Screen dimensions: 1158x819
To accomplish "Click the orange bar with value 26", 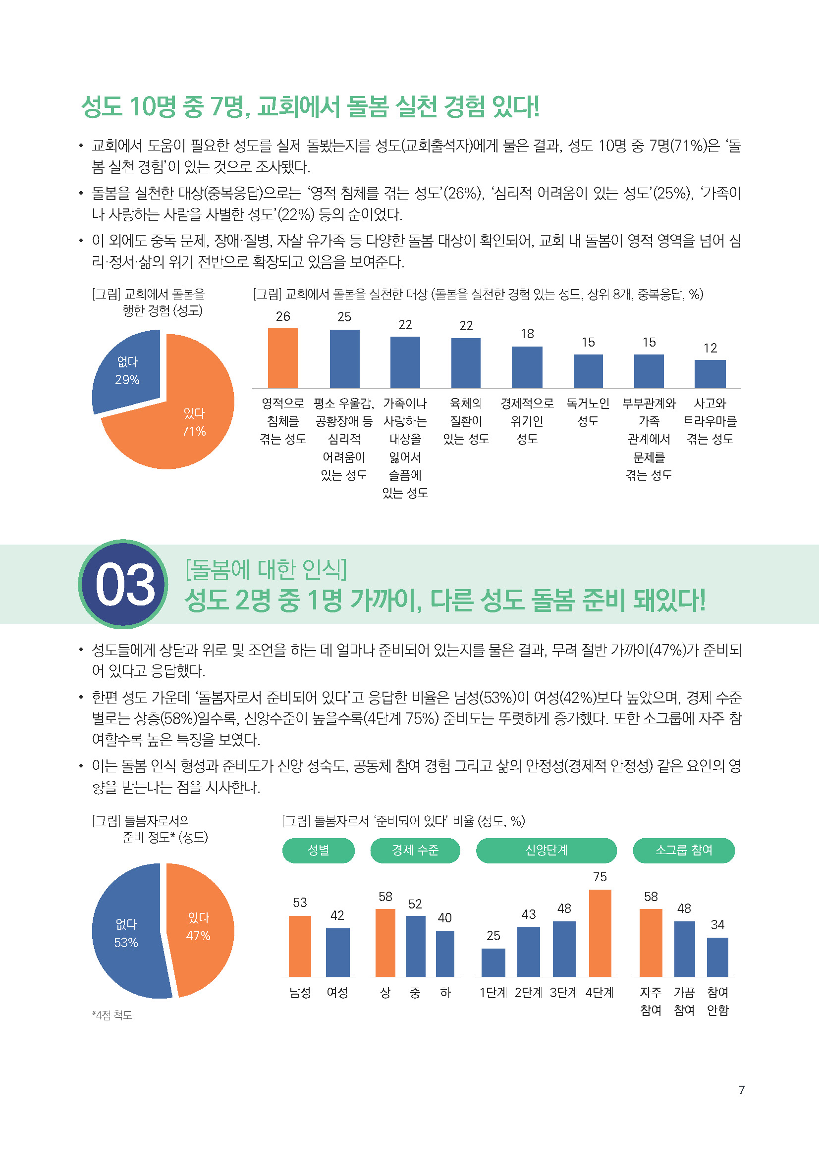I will (282, 358).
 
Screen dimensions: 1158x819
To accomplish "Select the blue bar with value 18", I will (527, 367).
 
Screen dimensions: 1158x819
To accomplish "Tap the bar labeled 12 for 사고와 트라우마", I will (710, 374).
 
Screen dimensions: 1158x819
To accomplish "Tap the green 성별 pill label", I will (319, 851).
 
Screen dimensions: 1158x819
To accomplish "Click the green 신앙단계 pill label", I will (546, 851).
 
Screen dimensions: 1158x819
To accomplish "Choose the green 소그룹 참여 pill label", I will (683, 851).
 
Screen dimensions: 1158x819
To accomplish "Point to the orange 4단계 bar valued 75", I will (600, 933).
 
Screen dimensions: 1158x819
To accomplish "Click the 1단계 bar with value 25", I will (493, 962).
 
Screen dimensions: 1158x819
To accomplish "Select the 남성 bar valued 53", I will (300, 946).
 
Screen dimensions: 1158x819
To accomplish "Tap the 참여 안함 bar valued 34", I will (717, 957).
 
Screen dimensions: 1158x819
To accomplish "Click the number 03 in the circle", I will (124, 585).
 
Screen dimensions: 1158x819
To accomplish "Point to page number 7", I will (741, 1090).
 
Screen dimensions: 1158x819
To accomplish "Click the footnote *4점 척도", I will (112, 1015).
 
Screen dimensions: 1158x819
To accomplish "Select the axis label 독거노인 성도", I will (588, 412).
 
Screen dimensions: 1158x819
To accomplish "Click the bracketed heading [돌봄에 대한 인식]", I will (266, 569).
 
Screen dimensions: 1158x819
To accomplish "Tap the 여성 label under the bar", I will (337, 993).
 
